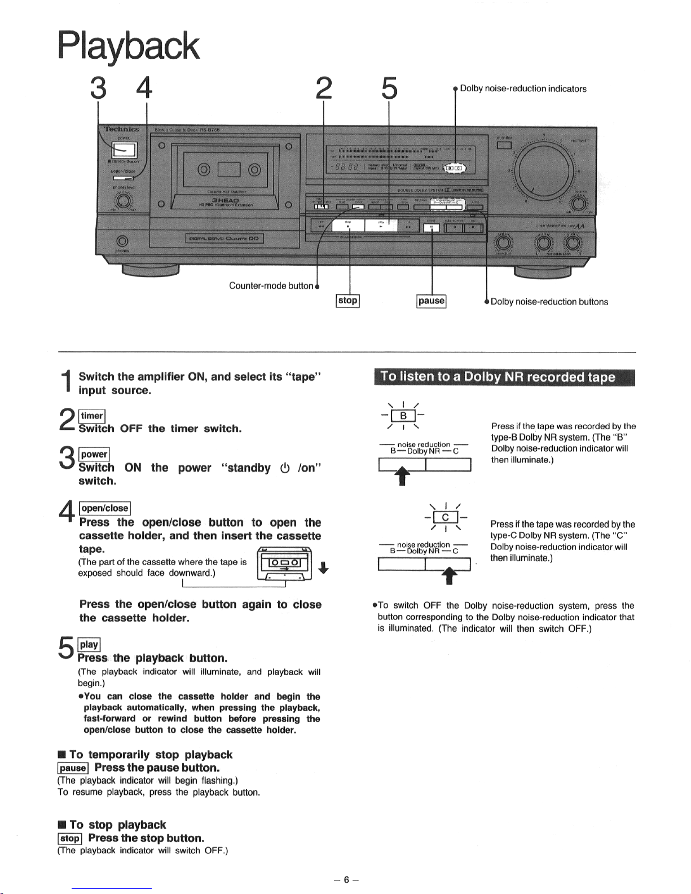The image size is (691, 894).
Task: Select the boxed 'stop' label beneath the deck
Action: pyautogui.click(x=347, y=301)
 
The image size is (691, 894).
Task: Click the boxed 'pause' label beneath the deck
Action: pyautogui.click(x=432, y=301)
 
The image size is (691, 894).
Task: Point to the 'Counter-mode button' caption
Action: pyautogui.click(x=271, y=285)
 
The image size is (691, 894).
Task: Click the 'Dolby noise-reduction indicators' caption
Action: pyautogui.click(x=523, y=89)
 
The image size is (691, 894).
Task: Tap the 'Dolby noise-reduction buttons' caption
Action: pyautogui.click(x=549, y=302)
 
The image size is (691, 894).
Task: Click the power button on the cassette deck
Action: pyautogui.click(x=124, y=149)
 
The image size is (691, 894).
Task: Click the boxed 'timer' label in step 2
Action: pyautogui.click(x=92, y=416)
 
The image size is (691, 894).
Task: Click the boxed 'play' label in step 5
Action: pyautogui.click(x=89, y=645)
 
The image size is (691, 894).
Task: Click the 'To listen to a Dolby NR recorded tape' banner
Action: pyautogui.click(x=504, y=377)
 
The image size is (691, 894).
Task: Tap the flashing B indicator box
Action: pyautogui.click(x=403, y=417)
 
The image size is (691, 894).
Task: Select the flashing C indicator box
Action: pyautogui.click(x=445, y=517)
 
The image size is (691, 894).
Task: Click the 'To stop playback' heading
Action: pyautogui.click(x=117, y=825)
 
